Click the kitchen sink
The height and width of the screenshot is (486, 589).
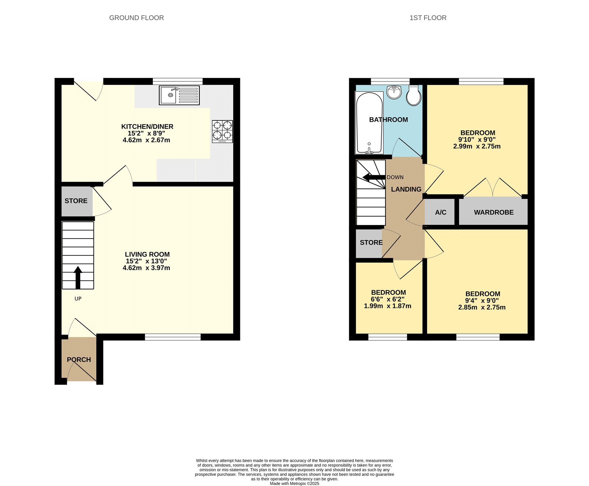pos(179,95)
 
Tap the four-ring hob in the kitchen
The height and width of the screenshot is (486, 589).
pos(222,131)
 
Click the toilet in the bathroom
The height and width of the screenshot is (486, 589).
pos(414,96)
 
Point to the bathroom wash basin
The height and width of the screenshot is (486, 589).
pos(394,92)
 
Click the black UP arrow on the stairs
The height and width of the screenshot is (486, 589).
pos(78,277)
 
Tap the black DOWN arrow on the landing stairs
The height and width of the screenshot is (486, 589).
pos(374,178)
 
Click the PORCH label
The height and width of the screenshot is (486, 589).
pos(79,360)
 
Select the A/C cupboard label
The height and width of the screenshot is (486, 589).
pos(441,212)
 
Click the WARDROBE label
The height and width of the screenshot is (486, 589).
pos(494,212)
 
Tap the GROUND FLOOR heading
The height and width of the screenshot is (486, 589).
pos(137,18)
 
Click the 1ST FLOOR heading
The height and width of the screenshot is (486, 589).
pos(428,18)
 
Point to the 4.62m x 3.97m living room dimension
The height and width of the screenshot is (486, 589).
pos(146,268)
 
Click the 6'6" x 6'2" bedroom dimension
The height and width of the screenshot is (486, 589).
pos(388,299)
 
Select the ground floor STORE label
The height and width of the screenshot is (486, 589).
pos(76,201)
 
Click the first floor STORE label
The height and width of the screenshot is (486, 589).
pos(371,242)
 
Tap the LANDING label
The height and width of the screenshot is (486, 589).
pos(406,189)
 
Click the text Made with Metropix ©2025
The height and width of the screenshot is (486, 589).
pos(294,483)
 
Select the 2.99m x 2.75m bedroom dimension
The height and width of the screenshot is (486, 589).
pos(477,146)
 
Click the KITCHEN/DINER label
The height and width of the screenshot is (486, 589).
pos(147,126)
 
